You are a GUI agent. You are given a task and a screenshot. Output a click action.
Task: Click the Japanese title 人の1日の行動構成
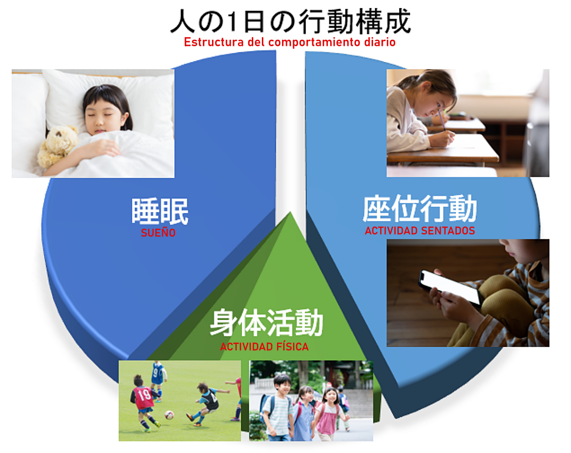[x=291, y=22]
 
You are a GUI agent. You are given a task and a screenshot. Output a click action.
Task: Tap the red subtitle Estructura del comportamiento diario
[x=290, y=42]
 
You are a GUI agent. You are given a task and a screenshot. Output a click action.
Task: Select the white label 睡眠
[x=160, y=211]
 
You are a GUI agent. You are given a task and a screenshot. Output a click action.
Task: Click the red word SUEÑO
[x=158, y=233]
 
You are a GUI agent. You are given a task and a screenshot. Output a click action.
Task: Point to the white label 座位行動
[x=419, y=208]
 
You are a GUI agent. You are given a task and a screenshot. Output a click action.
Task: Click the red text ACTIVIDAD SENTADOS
[x=419, y=231]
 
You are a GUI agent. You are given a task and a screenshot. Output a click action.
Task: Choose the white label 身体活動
[x=266, y=323]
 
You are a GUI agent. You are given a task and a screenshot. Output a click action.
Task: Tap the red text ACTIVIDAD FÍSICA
[x=264, y=347]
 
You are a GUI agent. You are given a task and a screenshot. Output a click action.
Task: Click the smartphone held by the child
[x=449, y=286]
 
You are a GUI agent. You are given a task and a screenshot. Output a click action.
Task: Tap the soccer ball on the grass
[x=169, y=415]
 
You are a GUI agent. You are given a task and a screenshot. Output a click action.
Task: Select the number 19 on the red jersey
[x=144, y=394]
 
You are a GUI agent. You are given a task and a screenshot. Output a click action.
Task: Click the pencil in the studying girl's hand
[x=442, y=120]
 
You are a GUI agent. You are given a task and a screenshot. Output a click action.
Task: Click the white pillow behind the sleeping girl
[x=109, y=98]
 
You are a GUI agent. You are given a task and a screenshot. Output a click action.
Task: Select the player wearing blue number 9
[x=157, y=379]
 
